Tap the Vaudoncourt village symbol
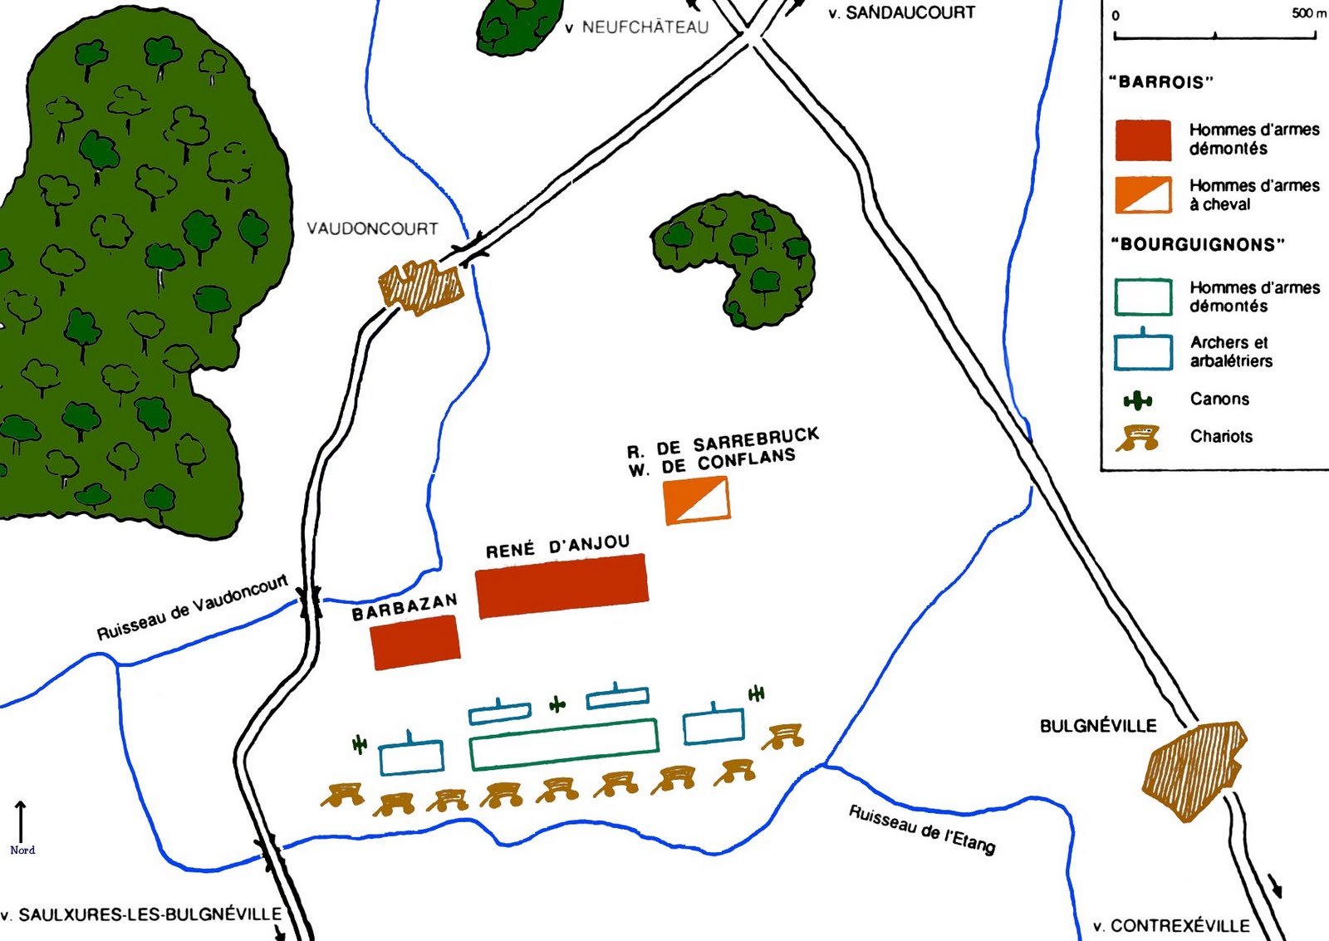(419, 287)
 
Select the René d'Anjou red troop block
(562, 586)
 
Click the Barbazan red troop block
(415, 643)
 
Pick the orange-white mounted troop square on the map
(697, 500)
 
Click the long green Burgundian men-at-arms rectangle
(564, 744)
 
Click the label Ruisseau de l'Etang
(921, 828)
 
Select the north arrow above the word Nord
(21, 822)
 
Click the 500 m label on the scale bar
(1307, 13)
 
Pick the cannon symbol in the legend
(1138, 401)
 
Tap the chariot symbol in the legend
(1138, 438)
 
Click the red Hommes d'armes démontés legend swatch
(1143, 140)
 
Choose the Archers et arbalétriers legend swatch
(1143, 352)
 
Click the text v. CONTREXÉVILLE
(1171, 925)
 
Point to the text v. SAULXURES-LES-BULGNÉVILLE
(141, 914)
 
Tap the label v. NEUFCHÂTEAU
(637, 27)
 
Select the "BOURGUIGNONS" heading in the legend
(1197, 244)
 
